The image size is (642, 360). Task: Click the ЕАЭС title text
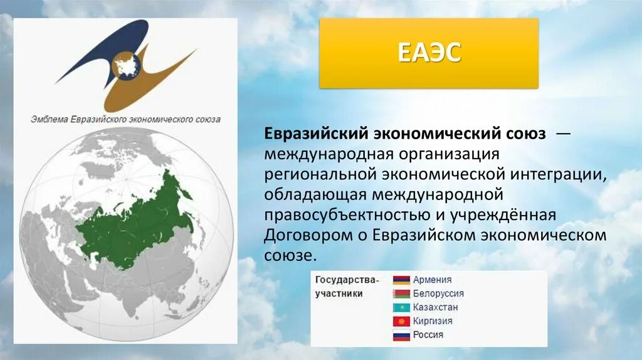click(429, 53)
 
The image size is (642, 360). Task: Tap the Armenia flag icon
click(401, 280)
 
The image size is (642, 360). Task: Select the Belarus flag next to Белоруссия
click(401, 294)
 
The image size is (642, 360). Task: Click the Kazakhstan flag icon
click(401, 307)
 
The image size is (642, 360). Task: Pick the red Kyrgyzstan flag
click(401, 321)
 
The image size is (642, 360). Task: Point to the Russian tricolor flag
click(401, 335)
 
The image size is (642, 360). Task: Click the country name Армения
click(432, 280)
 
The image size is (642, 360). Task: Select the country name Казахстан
click(435, 307)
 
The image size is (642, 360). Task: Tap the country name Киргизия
click(433, 321)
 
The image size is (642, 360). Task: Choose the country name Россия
click(428, 335)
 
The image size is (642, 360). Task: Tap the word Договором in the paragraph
click(300, 235)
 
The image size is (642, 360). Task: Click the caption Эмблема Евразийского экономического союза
click(125, 119)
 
